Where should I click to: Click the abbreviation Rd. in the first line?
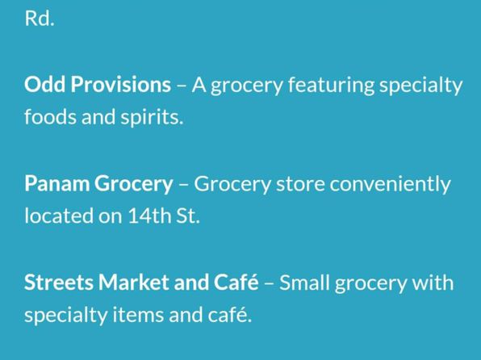coord(40,19)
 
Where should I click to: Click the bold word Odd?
coord(44,84)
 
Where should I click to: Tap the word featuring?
coord(331,86)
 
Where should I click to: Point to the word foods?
coord(50,117)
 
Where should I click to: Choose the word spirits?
coord(152,118)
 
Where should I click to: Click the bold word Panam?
coord(56,183)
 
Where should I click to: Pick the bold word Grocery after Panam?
coord(133,185)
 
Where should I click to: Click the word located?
coord(59,216)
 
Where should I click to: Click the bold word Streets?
coord(58,283)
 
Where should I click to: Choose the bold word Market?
coord(133,283)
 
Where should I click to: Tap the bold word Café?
coord(236,282)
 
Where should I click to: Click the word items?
coord(138,315)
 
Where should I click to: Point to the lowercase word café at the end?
coord(230,314)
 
